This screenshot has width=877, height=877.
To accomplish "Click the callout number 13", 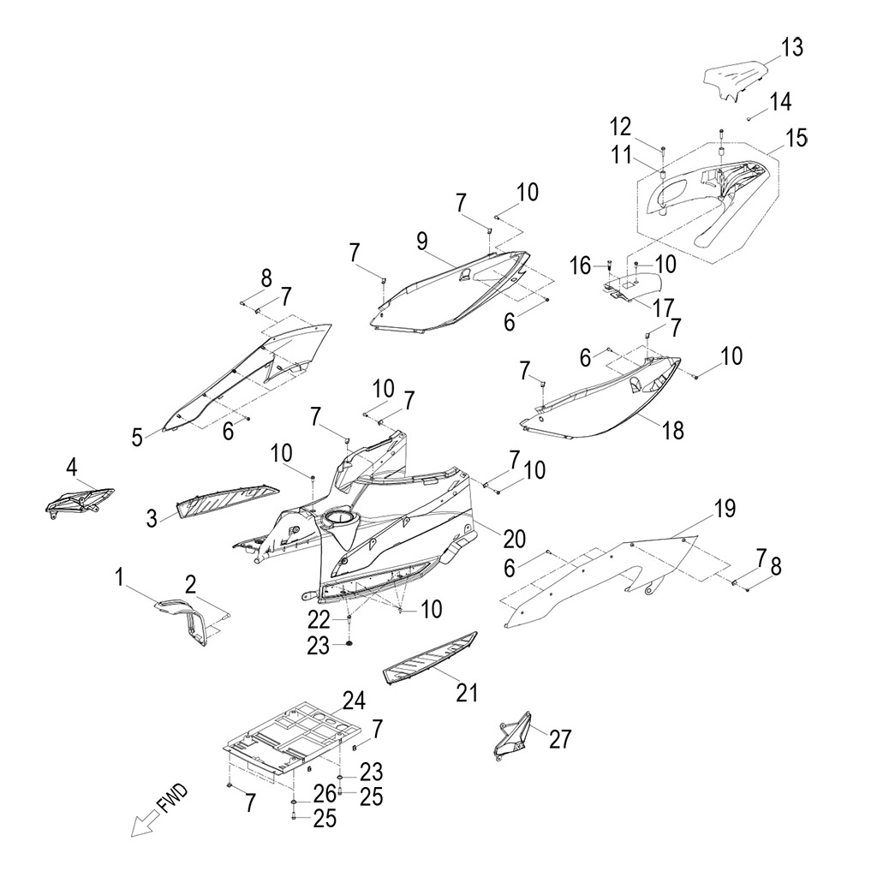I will coord(792,48).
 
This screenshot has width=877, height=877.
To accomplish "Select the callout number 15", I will coord(796,138).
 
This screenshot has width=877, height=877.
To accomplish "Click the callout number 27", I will coord(560,738).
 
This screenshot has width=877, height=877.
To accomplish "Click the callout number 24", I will coord(354,701).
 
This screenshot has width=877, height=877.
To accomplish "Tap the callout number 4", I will coord(72,467).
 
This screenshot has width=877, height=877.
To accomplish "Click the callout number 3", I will coord(152,517).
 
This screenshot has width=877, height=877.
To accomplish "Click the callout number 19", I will coord(725,510).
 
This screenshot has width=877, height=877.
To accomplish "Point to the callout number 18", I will coord(673,430).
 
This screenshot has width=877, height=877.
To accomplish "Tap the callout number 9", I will coord(422,241).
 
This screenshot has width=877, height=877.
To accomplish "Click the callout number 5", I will coord(137,437).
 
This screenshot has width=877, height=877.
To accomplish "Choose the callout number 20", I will coord(514,538).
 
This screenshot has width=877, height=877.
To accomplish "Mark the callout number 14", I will coord(780,101).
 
